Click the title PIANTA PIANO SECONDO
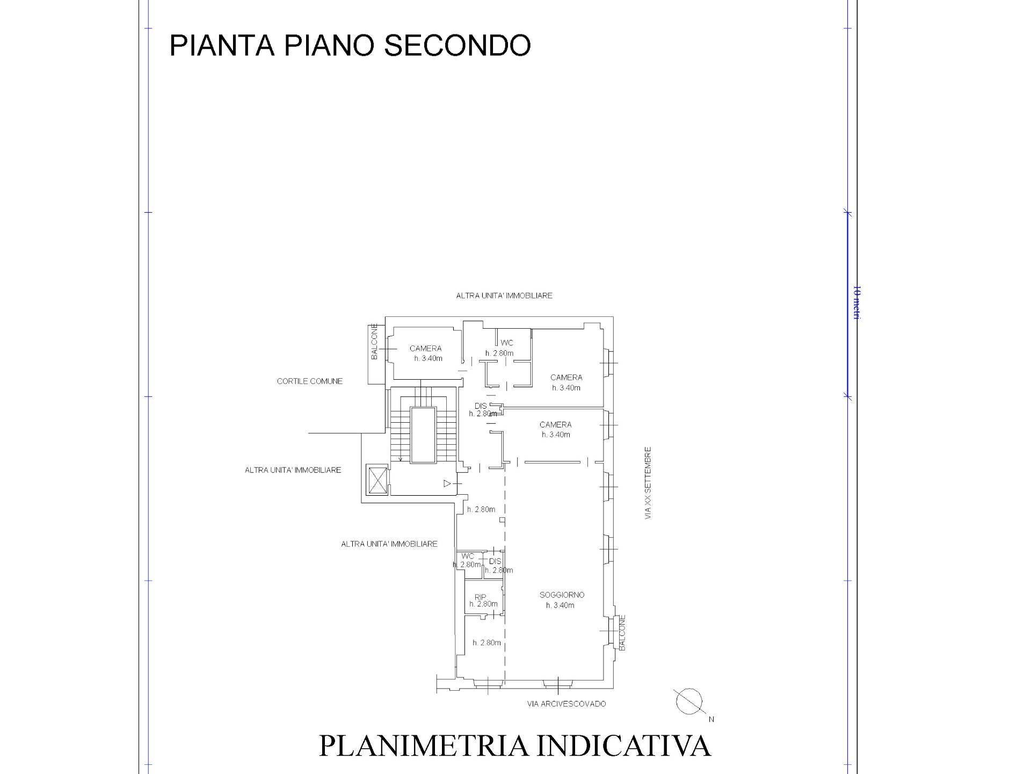(x=350, y=45)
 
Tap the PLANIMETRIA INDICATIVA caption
(x=514, y=746)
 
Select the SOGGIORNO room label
(x=561, y=595)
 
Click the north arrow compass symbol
(x=689, y=702)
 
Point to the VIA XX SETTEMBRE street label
(x=648, y=482)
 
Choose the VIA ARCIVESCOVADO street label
(x=566, y=704)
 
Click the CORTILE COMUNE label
(x=309, y=381)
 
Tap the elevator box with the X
(x=376, y=480)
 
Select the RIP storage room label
(x=480, y=597)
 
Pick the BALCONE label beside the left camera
(x=374, y=342)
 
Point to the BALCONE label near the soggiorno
(x=622, y=633)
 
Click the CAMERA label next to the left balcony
(x=425, y=348)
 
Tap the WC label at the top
(x=506, y=343)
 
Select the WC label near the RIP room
(x=468, y=556)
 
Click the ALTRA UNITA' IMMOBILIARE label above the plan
(x=504, y=295)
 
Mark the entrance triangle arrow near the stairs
(x=447, y=483)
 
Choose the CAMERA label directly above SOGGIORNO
(x=555, y=424)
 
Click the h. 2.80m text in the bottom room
(x=487, y=642)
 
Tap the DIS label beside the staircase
(x=481, y=406)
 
